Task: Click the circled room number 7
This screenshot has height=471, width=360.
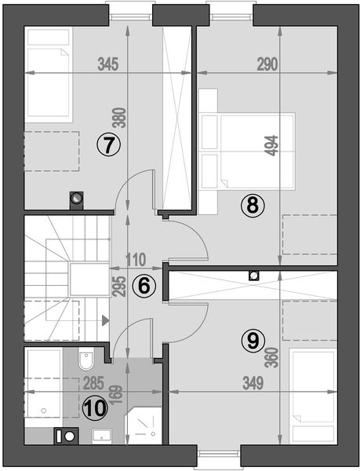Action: coord(108,144)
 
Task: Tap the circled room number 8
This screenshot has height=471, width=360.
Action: coord(253,206)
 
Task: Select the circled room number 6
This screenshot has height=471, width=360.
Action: coord(144,286)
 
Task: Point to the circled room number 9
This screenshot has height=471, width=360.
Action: coord(253,341)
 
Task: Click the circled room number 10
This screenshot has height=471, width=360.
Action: coord(95,408)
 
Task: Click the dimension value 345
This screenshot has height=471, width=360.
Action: coord(108,64)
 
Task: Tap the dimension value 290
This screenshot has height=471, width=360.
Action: coord(267,64)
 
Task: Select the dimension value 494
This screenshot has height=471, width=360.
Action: coord(272,146)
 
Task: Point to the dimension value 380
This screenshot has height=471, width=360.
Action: coord(121,118)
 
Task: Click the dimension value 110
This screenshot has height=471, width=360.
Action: coord(136,260)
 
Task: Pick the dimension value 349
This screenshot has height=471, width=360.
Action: coord(253,383)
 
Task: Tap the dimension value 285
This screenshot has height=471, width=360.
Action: coord(93,383)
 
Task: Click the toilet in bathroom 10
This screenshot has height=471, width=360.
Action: coord(86,359)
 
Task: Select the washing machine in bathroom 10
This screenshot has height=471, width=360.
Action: coord(67,436)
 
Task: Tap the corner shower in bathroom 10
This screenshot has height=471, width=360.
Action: coord(143,426)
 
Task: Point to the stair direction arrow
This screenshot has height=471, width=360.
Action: coord(105,320)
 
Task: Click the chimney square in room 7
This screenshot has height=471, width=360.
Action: coord(77,200)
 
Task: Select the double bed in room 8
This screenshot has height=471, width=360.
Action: coord(247,151)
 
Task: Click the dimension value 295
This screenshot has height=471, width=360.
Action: coord(120,287)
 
